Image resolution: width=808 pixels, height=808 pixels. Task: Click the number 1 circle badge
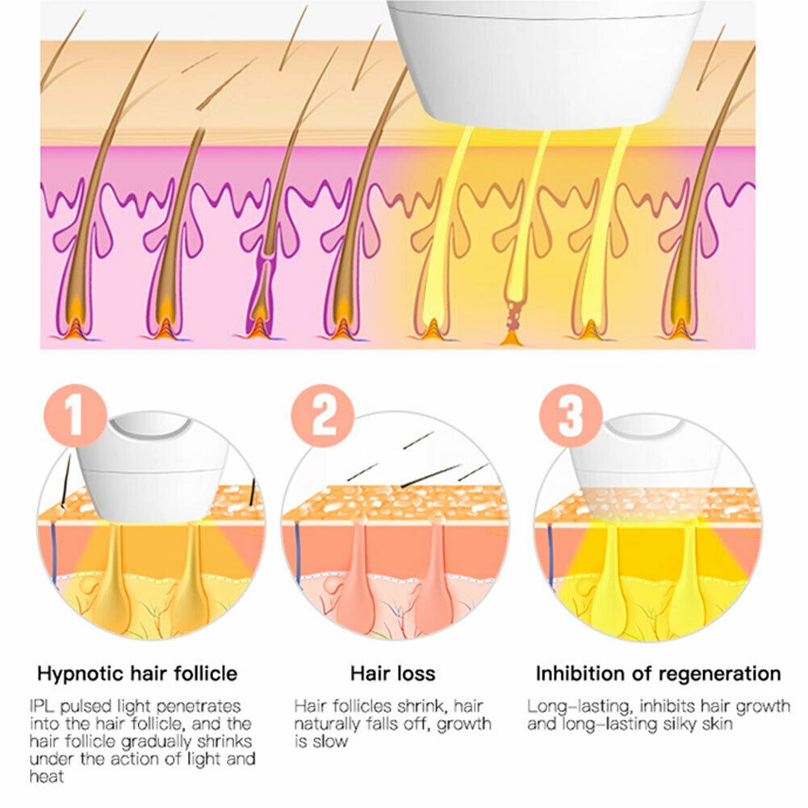75,416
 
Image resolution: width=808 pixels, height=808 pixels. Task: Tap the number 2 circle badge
323,416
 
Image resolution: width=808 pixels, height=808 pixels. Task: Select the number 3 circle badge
571,416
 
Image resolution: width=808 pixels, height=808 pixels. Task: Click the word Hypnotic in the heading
81,674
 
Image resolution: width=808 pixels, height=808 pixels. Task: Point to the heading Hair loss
392,673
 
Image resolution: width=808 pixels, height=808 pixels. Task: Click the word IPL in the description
42,706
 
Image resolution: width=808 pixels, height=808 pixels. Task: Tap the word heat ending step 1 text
47,777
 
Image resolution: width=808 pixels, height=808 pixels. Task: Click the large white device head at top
545,62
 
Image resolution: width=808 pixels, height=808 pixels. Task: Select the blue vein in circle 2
297,554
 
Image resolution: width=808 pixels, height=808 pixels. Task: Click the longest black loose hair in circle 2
431,475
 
